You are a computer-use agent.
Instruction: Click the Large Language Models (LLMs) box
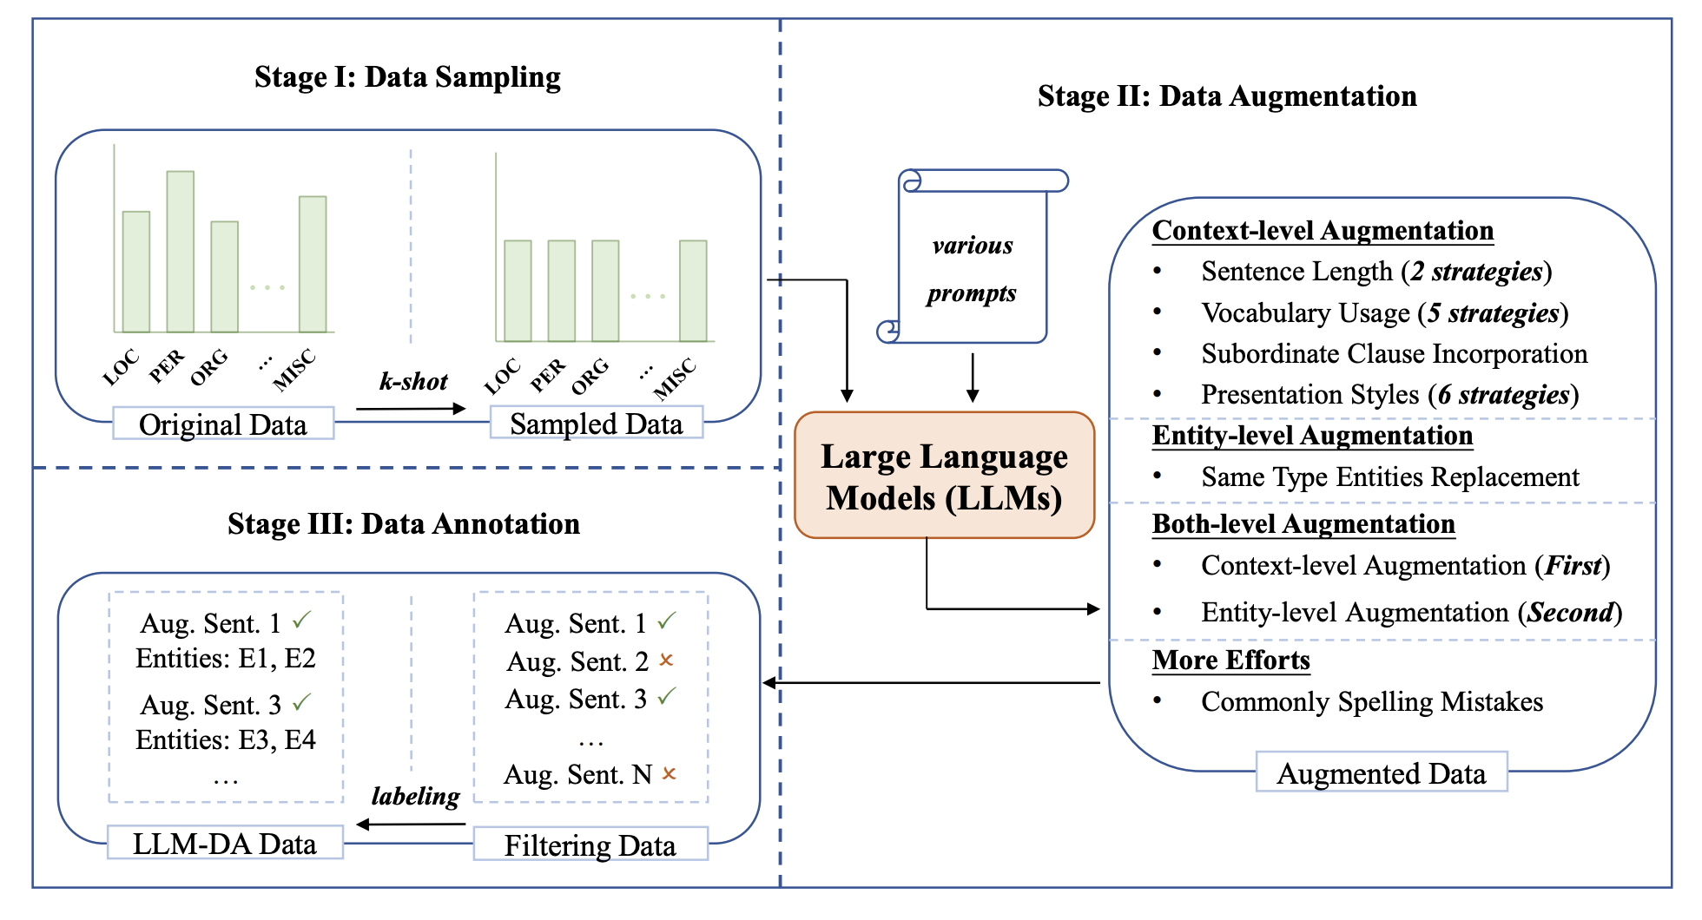coord(944,476)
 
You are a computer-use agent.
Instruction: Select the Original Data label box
coord(223,424)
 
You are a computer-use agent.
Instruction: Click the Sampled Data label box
coord(597,423)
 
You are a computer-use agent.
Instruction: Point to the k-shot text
coord(413,381)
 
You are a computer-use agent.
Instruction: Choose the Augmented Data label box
coord(1381,772)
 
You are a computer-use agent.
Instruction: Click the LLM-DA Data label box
coord(225,843)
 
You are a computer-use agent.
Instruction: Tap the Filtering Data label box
coord(590,844)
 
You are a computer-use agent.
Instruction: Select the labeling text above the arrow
coord(415,796)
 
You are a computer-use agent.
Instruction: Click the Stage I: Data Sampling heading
coord(407,76)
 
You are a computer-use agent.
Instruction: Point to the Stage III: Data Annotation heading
coord(404,523)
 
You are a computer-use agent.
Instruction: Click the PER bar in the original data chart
coord(181,252)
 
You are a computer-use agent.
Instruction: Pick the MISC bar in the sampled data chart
coord(693,291)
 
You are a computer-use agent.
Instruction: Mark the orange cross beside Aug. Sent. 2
coord(666,660)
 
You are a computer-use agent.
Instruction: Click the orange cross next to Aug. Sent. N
coord(669,773)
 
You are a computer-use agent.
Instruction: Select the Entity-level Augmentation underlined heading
coord(1312,435)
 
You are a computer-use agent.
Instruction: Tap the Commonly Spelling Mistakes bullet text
coord(1372,701)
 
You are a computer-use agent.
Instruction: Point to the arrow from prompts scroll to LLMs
coord(973,378)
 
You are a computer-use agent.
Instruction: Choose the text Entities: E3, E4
coord(226,739)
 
